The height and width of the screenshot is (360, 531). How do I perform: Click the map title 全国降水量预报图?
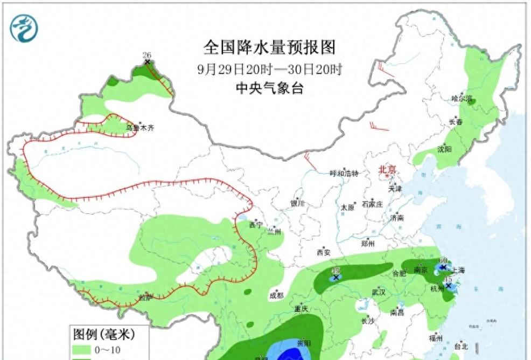tap(269, 47)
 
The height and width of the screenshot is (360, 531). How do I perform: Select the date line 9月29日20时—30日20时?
tap(269, 70)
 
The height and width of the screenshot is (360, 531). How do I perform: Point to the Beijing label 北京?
tap(387, 170)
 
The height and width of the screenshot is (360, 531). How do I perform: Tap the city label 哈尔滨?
tap(462, 99)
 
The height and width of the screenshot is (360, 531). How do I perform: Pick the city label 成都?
tap(276, 295)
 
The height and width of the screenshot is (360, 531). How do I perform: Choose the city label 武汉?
tap(379, 292)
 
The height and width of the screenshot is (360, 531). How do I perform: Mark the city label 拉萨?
tap(145, 297)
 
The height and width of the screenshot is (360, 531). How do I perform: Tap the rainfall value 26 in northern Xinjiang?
tap(146, 55)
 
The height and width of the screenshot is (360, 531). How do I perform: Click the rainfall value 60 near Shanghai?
tap(443, 260)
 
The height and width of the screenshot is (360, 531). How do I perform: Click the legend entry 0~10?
tap(104, 351)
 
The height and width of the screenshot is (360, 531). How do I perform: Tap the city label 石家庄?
tap(372, 204)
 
